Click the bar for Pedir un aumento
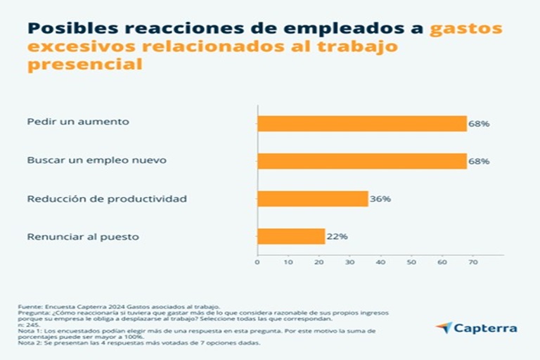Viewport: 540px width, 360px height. coord(361,123)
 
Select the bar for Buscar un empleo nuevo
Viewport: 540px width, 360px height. coord(361,161)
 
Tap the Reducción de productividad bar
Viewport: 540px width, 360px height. coord(312,199)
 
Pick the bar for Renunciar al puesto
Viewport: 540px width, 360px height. coord(290,236)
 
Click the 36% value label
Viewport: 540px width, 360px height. coord(380,199)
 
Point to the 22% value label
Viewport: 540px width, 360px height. coord(337,236)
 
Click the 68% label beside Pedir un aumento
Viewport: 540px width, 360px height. coord(480,124)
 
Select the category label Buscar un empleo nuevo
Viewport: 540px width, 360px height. coord(96,160)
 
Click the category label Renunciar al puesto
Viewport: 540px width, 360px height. coord(82,236)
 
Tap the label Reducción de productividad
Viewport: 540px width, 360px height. coord(107,199)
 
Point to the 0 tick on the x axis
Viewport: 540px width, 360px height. coord(257,262)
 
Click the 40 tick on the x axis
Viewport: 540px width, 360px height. coord(380,262)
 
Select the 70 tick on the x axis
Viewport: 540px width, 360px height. coord(472,262)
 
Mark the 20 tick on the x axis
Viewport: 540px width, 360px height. coord(319,262)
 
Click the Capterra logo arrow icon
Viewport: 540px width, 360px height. coord(444,328)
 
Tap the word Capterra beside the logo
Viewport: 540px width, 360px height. coord(486,328)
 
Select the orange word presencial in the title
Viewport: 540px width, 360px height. coord(84,64)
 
